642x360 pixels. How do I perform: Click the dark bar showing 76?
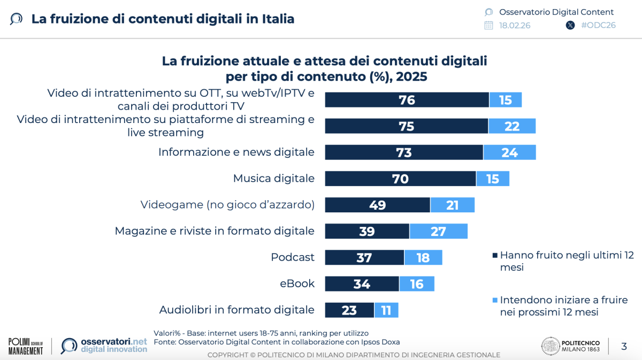(407, 100)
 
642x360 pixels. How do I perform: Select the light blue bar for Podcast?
(423, 257)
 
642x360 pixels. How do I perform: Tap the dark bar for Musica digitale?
(400, 179)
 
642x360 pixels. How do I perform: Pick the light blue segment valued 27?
(438, 231)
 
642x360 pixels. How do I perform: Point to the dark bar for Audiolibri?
(349, 310)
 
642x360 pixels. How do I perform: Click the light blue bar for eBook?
(417, 284)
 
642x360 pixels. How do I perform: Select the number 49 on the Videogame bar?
(378, 205)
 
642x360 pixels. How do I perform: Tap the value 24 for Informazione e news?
(509, 152)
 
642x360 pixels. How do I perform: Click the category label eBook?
(297, 284)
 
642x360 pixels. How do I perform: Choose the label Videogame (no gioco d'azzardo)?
(227, 205)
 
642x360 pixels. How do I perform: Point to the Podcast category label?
(293, 257)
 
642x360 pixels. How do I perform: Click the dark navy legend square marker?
(495, 256)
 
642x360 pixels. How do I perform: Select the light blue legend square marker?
(495, 300)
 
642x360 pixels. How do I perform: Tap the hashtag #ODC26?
(598, 25)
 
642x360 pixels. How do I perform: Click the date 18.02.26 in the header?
(514, 25)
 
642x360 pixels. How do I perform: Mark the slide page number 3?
(624, 346)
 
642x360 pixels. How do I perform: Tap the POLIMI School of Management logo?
(26, 346)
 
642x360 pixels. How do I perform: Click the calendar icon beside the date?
(488, 25)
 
